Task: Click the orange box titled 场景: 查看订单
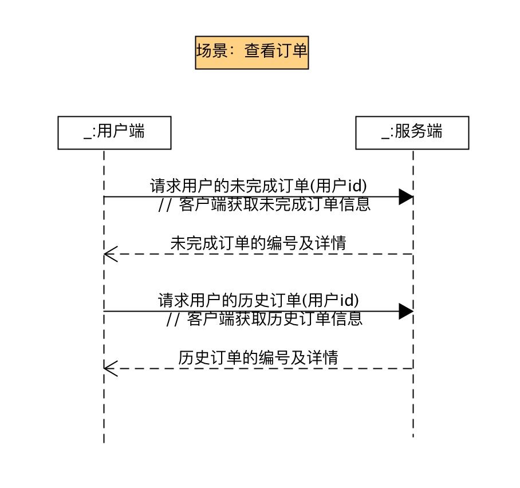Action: pos(252,52)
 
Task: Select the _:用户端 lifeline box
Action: pos(115,132)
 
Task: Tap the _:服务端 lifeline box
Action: pos(412,132)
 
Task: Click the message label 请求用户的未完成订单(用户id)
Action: pos(258,186)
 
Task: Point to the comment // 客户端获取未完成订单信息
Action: pos(265,204)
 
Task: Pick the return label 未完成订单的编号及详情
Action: pos(258,243)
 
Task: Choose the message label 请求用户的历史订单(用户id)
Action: pos(258,301)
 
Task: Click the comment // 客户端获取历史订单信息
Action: pos(265,319)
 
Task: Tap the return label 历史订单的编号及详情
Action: pos(258,358)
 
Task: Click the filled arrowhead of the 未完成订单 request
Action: pos(407,197)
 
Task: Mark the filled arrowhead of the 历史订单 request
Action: pos(407,312)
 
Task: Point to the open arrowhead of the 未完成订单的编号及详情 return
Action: pos(110,254)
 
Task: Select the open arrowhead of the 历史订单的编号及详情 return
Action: pos(110,368)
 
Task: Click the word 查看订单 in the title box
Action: pos(276,52)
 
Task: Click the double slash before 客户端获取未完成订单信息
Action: pos(165,205)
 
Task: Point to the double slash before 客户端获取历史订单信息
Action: pos(173,320)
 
